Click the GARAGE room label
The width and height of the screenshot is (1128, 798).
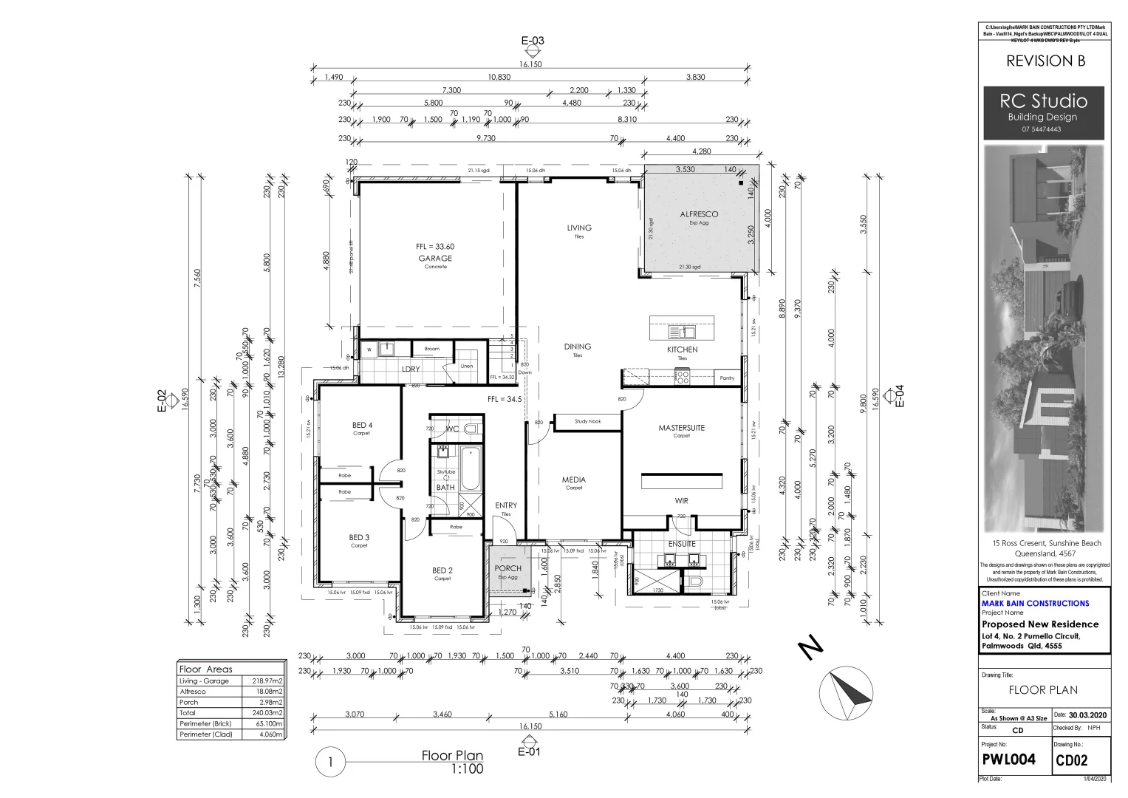435,258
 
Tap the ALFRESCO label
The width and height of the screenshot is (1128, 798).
699,214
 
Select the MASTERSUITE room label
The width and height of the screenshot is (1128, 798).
681,428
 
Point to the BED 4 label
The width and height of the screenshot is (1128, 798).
362,425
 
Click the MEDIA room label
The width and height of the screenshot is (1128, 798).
573,480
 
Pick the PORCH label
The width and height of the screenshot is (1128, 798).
507,568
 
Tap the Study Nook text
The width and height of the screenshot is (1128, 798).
588,421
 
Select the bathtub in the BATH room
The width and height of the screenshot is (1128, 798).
470,469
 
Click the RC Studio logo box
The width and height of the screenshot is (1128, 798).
1043,113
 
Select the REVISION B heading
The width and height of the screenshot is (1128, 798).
1045,61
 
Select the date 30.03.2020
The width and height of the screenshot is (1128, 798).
1089,715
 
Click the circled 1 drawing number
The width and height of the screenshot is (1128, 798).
331,762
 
